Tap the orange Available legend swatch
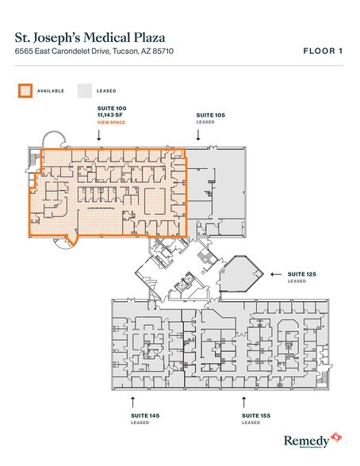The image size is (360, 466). [x=25, y=90]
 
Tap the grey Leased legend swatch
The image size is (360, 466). [x=85, y=90]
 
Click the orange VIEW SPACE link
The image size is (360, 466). [x=110, y=124]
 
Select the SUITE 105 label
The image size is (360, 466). [x=210, y=116]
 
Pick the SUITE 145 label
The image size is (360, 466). [x=144, y=414]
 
